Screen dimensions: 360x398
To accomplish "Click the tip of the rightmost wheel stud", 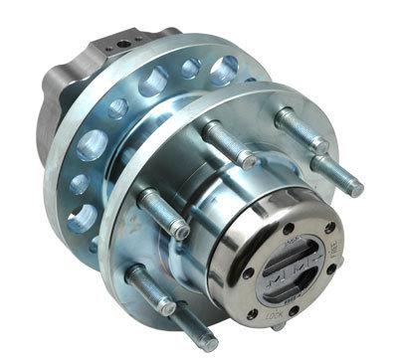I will pos(358,189).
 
